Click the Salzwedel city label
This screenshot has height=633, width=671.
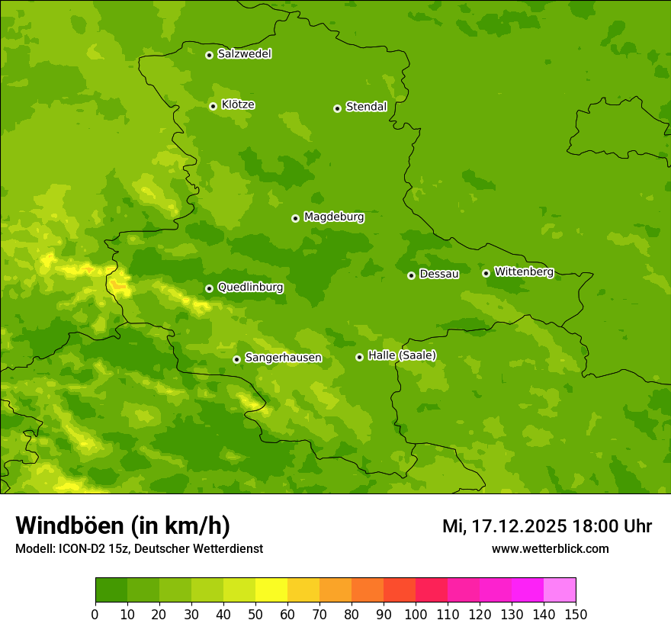click(x=244, y=54)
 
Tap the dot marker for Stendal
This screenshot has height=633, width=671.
click(x=337, y=108)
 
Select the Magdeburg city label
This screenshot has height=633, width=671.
click(x=334, y=217)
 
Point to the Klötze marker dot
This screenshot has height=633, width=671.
click(x=213, y=106)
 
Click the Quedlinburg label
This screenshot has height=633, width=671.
click(x=250, y=288)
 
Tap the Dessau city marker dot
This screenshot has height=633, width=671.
click(x=411, y=275)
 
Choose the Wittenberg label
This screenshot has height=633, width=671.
click(x=524, y=272)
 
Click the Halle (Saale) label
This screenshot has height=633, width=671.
click(x=402, y=355)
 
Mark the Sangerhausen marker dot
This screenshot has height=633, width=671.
click(x=236, y=359)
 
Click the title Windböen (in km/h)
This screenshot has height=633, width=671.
click(x=123, y=525)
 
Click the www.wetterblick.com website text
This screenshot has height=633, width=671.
click(x=550, y=548)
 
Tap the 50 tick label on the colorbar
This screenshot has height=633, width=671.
click(x=255, y=614)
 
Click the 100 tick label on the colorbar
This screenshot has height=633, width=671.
click(x=416, y=614)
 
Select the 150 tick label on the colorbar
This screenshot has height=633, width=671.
click(x=576, y=614)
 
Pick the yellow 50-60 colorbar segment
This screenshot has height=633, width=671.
click(x=271, y=590)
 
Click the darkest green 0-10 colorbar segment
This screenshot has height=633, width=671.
click(x=111, y=590)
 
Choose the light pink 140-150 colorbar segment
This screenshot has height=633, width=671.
click(x=560, y=590)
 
